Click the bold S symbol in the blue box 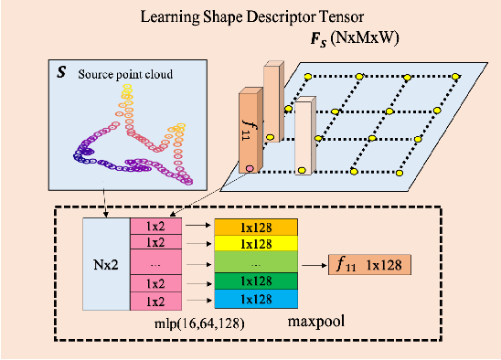(60, 69)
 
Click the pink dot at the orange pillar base (249, 168)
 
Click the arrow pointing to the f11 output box (317, 265)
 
